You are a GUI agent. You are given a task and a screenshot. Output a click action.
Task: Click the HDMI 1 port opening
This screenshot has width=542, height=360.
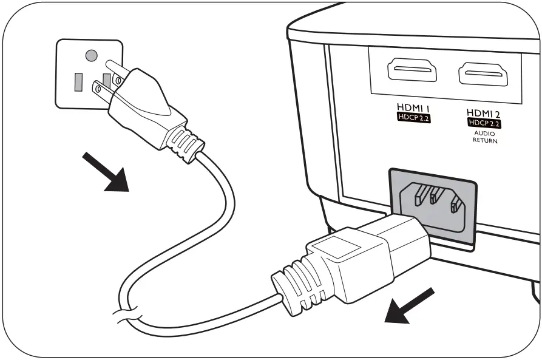coord(412,71)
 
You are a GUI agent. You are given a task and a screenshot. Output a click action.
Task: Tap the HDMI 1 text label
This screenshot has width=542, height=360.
coord(413,107)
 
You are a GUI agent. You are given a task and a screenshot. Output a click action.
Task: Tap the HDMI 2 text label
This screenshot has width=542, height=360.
coord(483,112)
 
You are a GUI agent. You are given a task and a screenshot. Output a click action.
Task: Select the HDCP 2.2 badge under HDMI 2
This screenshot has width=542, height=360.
coord(483,123)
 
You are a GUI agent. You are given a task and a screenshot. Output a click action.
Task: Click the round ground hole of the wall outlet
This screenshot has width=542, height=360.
coord(91,56)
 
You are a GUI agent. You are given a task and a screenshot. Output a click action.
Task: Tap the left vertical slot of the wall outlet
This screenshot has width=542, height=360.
coord(78,81)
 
